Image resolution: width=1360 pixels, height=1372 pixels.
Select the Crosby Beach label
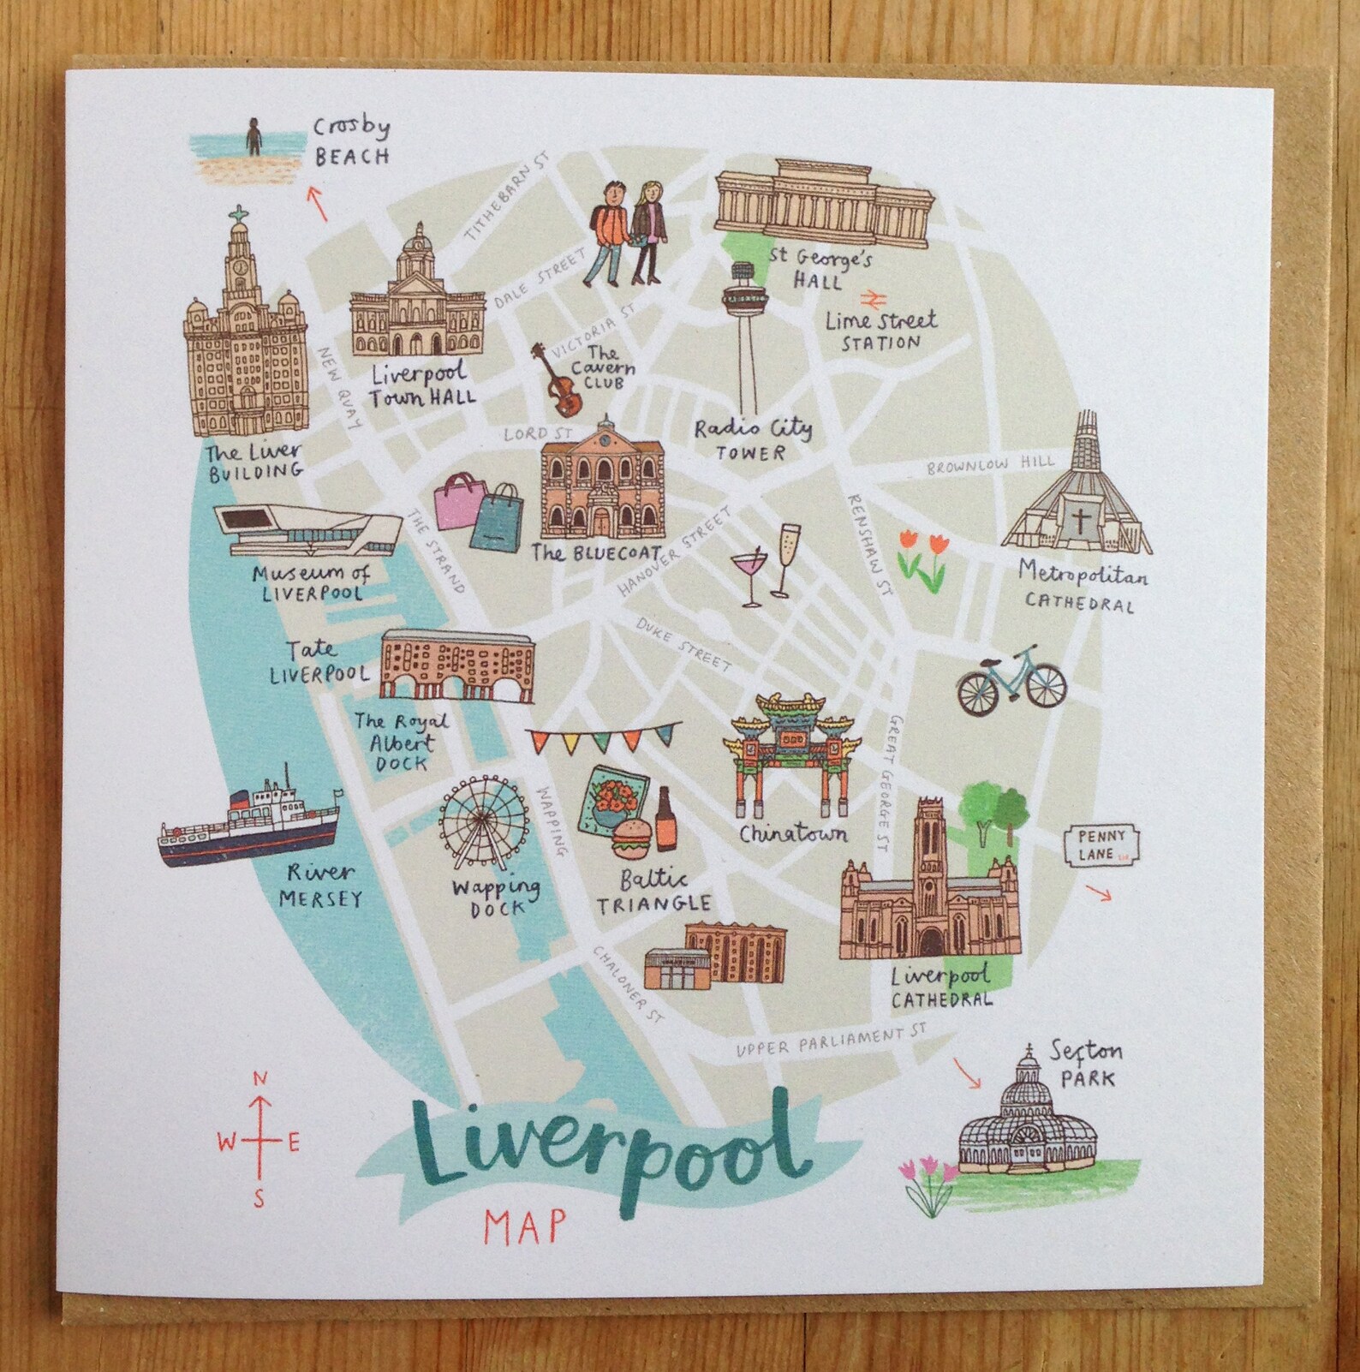[351, 142]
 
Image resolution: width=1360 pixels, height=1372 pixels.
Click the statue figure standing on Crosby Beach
[254, 137]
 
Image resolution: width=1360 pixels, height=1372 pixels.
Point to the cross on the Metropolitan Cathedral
[1080, 520]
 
